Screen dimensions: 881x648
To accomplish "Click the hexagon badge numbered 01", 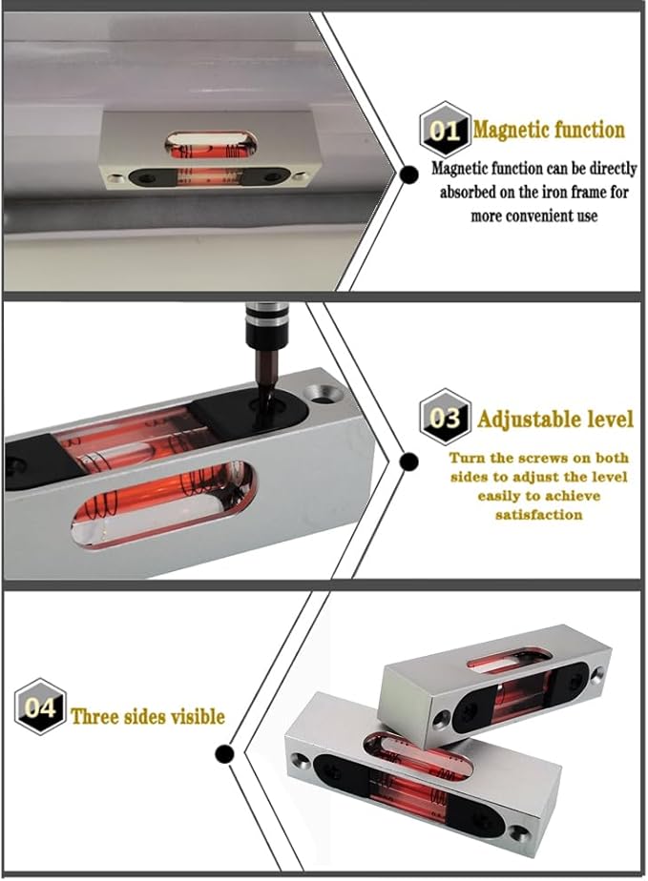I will pyautogui.click(x=444, y=130).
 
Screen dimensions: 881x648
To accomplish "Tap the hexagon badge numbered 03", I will pyautogui.click(x=444, y=417).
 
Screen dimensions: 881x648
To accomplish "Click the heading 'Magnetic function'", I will pyautogui.click(x=548, y=130).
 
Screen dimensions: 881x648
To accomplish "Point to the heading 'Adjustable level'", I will pyautogui.click(x=554, y=418).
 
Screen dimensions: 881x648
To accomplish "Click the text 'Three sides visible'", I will pyautogui.click(x=148, y=715).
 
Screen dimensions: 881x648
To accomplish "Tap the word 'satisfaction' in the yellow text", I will pyautogui.click(x=538, y=513).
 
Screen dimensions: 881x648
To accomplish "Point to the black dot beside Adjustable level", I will pyautogui.click(x=409, y=462).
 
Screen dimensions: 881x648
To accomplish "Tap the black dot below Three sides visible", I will pyautogui.click(x=225, y=756).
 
